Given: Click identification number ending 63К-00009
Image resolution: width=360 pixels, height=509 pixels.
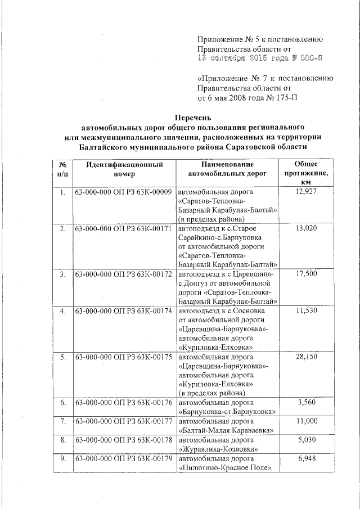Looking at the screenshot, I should click(123, 192).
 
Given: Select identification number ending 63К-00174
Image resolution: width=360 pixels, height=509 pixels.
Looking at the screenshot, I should click(123, 310).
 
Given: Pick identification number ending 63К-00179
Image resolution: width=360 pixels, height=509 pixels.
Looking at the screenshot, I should click(123, 458).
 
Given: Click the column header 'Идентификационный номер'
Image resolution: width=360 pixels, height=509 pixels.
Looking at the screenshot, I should click(124, 169).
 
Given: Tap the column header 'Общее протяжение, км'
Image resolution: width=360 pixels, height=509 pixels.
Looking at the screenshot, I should click(306, 174).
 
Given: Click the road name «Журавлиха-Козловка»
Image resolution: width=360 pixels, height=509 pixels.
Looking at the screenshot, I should click(218, 449).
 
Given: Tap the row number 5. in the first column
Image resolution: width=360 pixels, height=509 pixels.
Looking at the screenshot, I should click(63, 357).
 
